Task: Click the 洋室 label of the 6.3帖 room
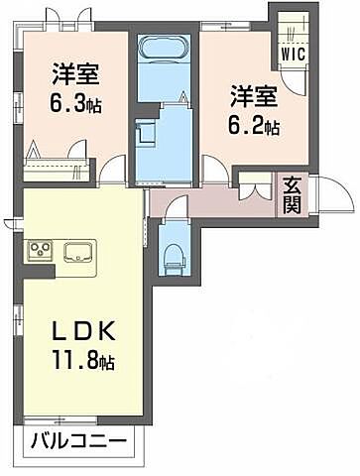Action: pyautogui.click(x=76, y=72)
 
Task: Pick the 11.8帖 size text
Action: pyautogui.click(x=81, y=362)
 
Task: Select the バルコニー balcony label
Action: pyautogui.click(x=77, y=439)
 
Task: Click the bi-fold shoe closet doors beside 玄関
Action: pyautogui.click(x=253, y=188)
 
